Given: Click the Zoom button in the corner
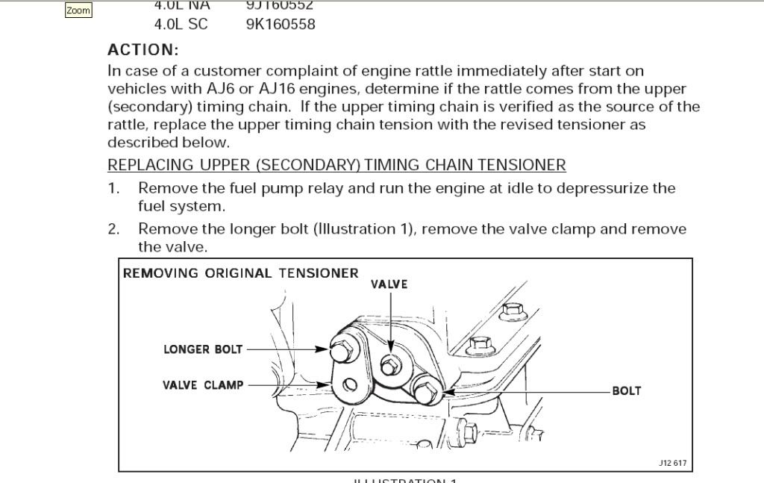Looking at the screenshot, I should click(x=78, y=10).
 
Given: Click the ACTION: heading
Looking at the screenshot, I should click(x=143, y=50).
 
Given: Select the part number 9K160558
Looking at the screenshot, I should click(x=281, y=24).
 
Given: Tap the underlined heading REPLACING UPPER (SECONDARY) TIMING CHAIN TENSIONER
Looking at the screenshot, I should click(x=336, y=165).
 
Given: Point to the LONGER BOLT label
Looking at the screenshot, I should click(x=203, y=349).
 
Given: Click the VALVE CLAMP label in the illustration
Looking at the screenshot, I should click(x=203, y=385).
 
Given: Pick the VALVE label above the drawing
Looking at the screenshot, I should click(x=389, y=284).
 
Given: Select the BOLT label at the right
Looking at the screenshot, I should click(x=627, y=390).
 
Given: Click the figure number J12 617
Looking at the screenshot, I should click(x=672, y=463).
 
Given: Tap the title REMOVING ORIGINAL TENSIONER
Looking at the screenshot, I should click(x=241, y=273).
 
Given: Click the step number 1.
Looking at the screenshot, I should click(x=113, y=188).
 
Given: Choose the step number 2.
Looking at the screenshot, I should click(x=113, y=229).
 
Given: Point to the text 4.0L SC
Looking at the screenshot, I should click(x=181, y=24).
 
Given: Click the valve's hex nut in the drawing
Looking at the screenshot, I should click(x=389, y=366).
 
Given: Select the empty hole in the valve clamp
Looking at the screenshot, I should click(x=348, y=387).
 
